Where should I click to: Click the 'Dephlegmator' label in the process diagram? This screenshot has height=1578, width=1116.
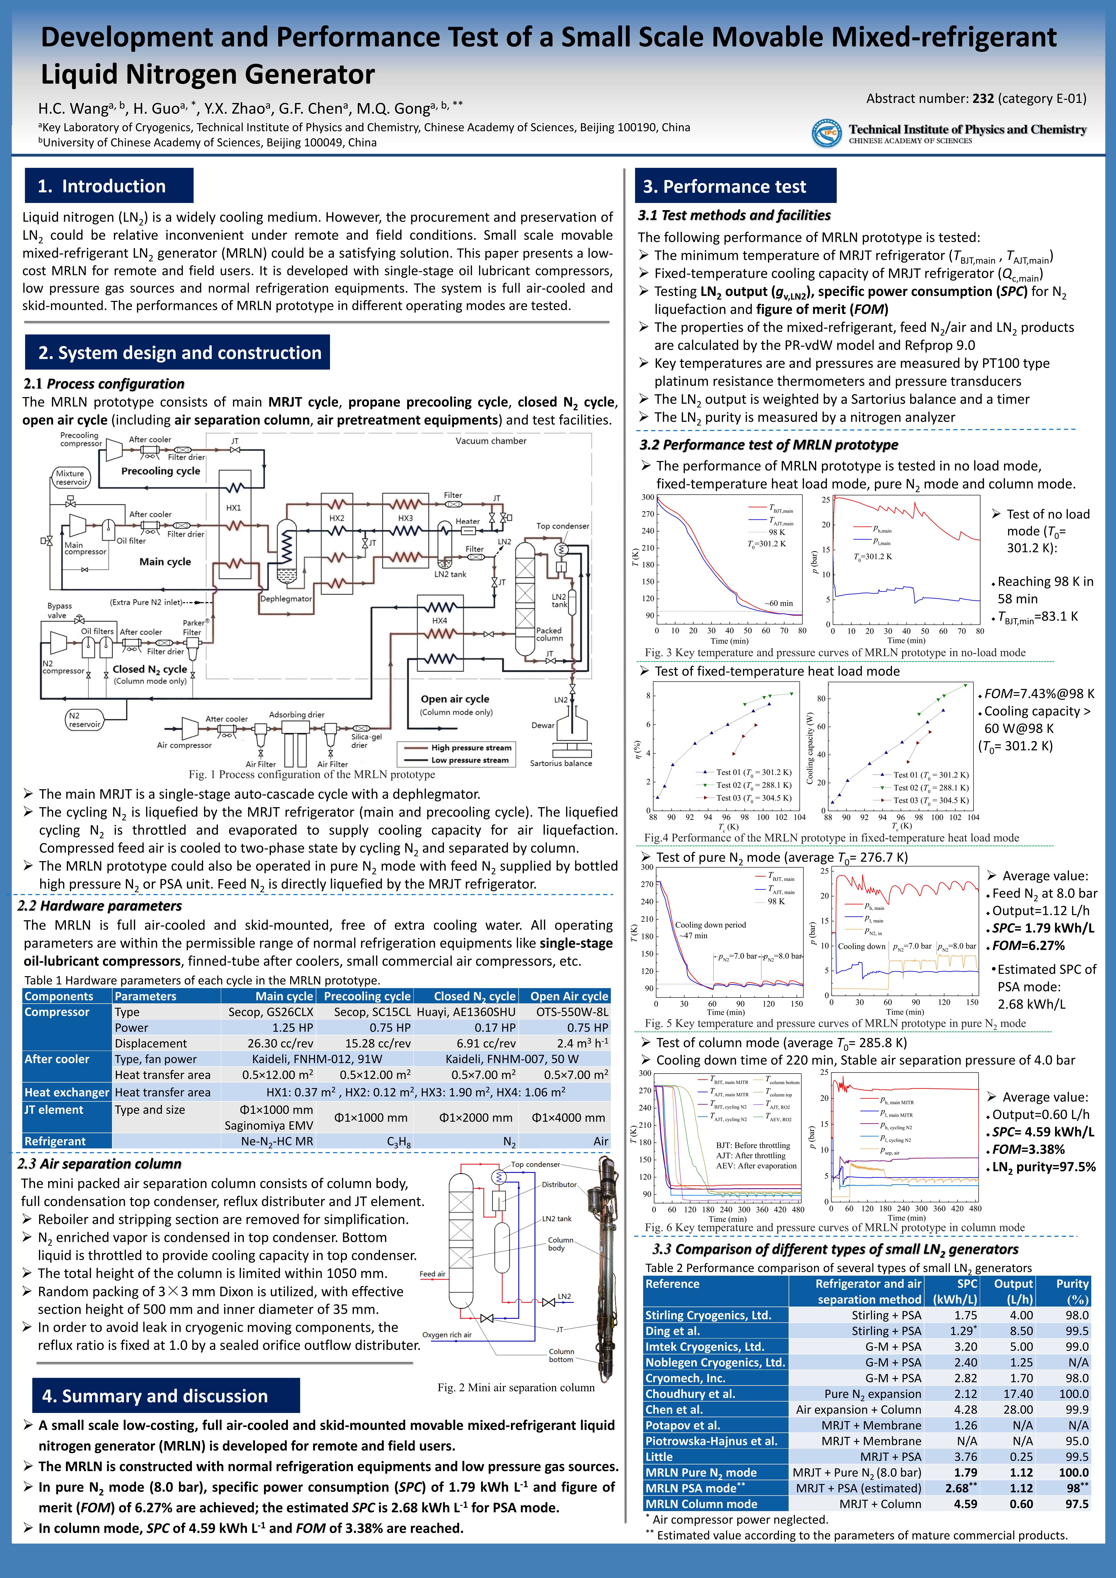click(x=286, y=599)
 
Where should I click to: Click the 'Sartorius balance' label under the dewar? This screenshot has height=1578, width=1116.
click(x=561, y=763)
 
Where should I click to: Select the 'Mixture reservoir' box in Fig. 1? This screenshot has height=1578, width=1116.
click(x=71, y=478)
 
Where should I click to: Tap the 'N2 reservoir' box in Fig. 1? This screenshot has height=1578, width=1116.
click(x=85, y=720)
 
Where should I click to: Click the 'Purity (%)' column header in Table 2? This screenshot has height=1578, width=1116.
click(x=1072, y=1291)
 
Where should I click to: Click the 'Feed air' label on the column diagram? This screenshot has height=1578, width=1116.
click(x=432, y=1274)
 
